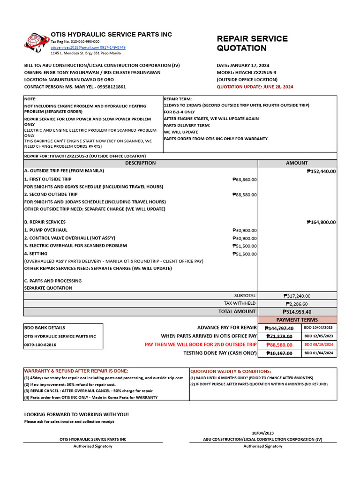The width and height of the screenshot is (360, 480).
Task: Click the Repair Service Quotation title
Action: pos(252,43)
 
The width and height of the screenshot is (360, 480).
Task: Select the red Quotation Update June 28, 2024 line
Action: pos(255,87)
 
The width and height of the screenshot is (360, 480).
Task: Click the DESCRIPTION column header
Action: pos(140,163)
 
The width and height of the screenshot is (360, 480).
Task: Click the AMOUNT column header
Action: pos(297,163)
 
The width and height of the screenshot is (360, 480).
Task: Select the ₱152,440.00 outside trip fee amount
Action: pos(321,172)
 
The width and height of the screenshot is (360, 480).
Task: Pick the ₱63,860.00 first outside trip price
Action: pos(244,180)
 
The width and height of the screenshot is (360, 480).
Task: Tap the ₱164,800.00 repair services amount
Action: pos(321,222)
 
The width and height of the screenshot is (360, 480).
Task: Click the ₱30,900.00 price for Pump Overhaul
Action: pos(244,230)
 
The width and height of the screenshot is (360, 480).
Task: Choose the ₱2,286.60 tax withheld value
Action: pos(296,304)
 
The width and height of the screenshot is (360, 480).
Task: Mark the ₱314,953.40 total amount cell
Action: pos(297,312)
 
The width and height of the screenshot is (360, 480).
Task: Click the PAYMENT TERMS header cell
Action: pos(297,320)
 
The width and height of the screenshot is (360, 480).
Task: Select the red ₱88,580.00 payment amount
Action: pos(279,345)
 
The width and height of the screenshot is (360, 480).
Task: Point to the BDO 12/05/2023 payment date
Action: pos(319,336)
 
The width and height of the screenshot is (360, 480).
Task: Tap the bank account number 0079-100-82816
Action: pos(40,345)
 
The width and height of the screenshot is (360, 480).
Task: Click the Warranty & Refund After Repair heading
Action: pos(75,371)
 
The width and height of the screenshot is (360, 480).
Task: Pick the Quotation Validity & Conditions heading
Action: pos(230,371)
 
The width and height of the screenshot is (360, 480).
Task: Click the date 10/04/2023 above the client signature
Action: pos(262,433)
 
